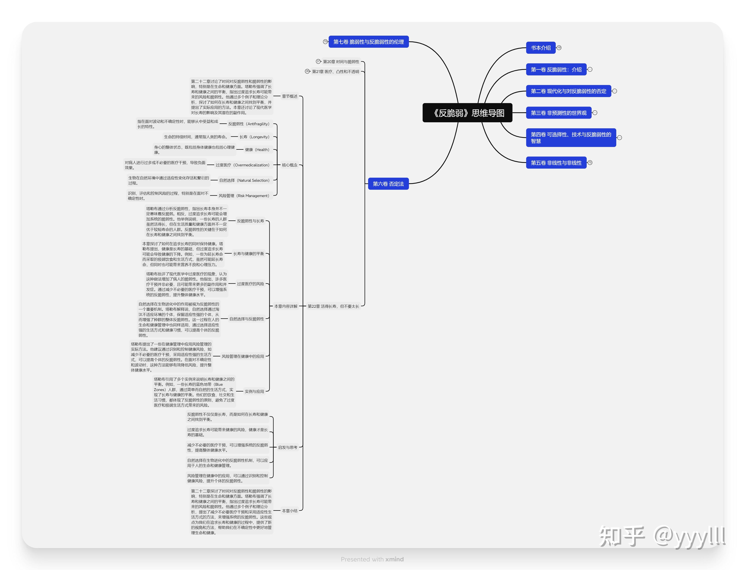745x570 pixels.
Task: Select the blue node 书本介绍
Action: (541, 48)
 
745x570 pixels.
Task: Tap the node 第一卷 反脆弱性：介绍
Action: (556, 69)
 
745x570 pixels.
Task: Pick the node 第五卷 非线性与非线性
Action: (556, 163)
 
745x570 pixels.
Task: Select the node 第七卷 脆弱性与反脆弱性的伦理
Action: (368, 42)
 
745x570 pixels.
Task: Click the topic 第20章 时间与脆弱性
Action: (341, 62)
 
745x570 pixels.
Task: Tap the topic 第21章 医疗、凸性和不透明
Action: (335, 72)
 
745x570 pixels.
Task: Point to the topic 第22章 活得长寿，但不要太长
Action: (333, 306)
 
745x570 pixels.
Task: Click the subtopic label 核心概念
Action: (289, 165)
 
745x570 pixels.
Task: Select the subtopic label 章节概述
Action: (289, 96)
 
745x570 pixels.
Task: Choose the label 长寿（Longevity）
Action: (254, 137)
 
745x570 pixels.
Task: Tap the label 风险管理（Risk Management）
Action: (244, 196)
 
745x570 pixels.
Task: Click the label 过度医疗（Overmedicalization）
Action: (242, 165)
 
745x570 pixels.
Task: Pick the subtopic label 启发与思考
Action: (287, 448)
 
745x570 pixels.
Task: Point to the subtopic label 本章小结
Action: (289, 511)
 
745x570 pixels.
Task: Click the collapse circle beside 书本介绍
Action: (559, 48)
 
